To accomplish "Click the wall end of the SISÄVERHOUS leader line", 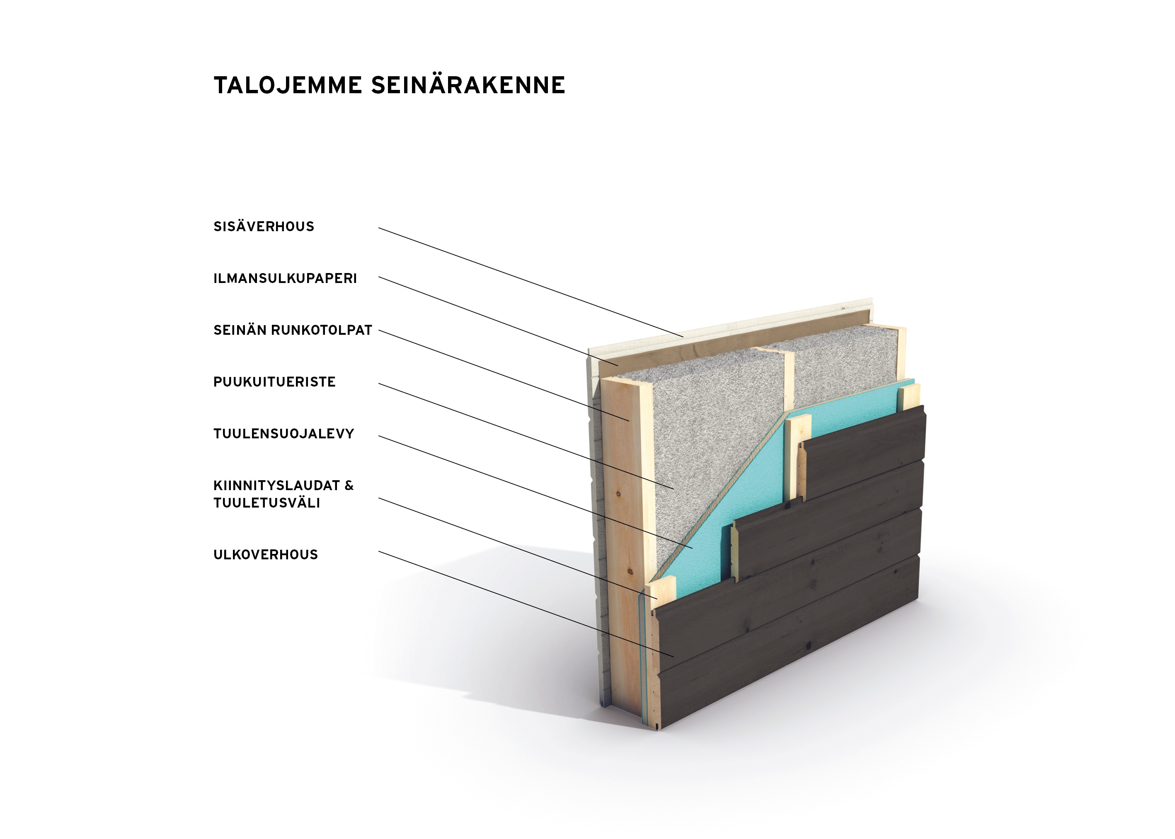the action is click(x=683, y=337).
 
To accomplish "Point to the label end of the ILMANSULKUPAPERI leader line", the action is click(x=379, y=277).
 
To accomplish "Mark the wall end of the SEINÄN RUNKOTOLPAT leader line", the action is click(x=629, y=421).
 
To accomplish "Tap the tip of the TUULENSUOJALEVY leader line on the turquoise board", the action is click(x=692, y=548).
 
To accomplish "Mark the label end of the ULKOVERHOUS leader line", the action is click(x=379, y=551).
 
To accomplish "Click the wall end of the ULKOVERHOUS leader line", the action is click(x=674, y=657).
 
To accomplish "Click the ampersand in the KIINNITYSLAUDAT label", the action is click(x=349, y=486).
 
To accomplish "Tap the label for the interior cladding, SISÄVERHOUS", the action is click(x=264, y=226).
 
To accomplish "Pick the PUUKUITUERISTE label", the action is click(x=274, y=382).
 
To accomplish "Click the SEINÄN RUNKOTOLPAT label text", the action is click(x=293, y=330).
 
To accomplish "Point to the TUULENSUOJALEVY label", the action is click(x=283, y=433).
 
